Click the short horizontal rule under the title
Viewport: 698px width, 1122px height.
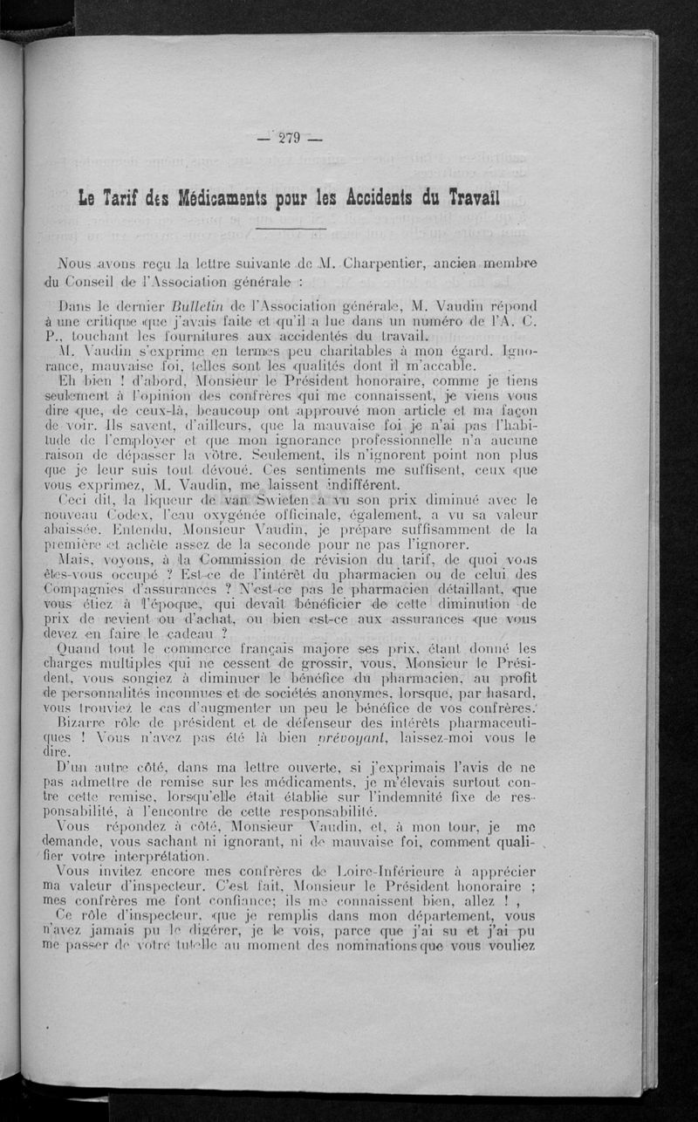(x=291, y=228)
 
